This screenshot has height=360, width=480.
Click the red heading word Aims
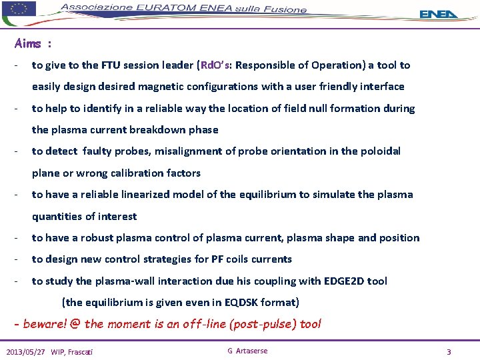coord(28,44)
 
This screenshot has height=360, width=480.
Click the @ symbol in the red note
coord(75,324)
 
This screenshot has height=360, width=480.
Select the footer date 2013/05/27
coord(26,351)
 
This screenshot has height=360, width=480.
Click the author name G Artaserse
coord(247,351)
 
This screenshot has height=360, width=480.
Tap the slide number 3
coord(449,351)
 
